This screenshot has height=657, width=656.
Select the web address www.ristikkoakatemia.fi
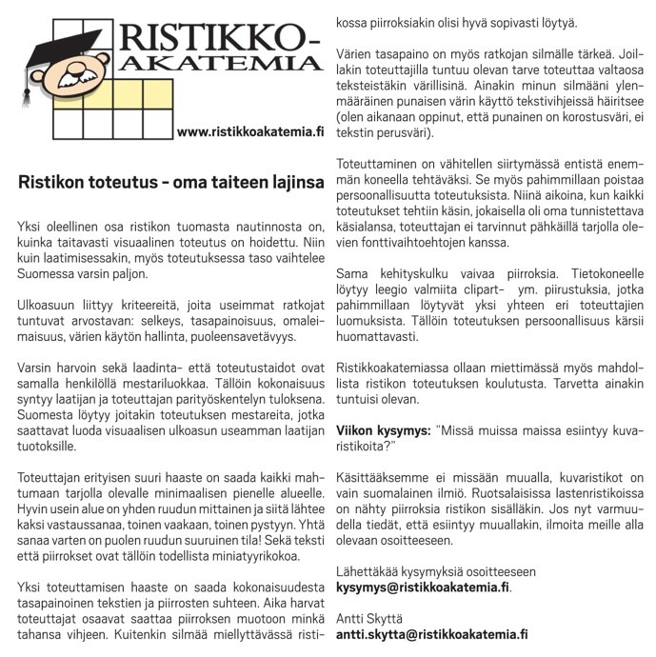click(x=250, y=130)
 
